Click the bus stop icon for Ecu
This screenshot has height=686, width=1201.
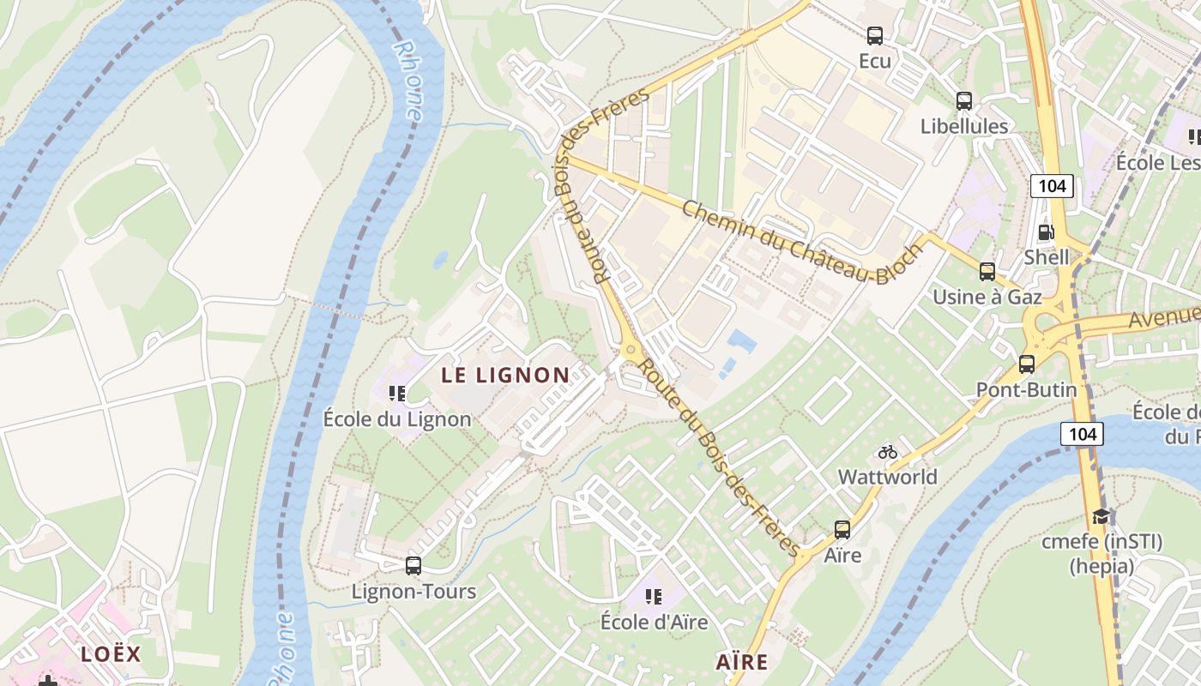click(875, 36)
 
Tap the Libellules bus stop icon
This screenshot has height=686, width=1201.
click(964, 101)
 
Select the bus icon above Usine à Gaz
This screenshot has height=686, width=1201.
click(987, 272)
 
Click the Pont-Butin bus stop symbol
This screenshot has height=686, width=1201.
click(1027, 364)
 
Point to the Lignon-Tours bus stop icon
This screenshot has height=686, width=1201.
click(413, 566)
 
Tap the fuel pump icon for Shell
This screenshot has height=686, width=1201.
click(1046, 232)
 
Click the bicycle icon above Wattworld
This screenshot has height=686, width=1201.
click(888, 452)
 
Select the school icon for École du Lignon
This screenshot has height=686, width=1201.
click(396, 394)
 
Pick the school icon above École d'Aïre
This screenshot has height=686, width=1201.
click(654, 596)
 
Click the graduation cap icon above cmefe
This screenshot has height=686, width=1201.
click(1101, 516)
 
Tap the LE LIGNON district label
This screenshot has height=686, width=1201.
click(505, 375)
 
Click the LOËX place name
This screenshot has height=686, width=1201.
click(111, 653)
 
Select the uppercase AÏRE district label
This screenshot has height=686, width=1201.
click(742, 662)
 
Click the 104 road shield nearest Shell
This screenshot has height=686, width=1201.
click(1052, 186)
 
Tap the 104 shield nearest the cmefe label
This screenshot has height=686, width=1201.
click(1083, 434)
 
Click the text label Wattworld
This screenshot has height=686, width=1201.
click(888, 477)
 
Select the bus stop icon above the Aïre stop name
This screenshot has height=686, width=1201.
click(842, 530)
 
